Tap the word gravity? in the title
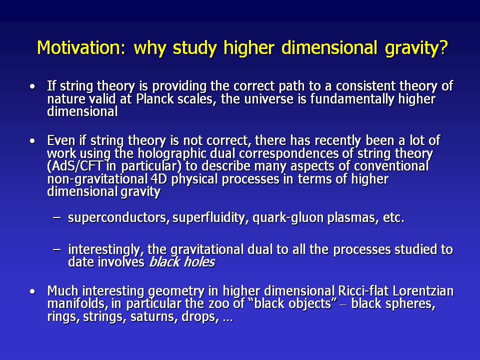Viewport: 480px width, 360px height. tap(416, 48)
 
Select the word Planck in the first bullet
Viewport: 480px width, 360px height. tap(154, 99)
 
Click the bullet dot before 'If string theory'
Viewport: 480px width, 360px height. tap(32, 86)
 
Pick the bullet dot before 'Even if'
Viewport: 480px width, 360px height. tap(32, 141)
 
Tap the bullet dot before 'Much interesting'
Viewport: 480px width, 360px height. tap(32, 291)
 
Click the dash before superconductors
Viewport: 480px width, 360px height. tap(56, 217)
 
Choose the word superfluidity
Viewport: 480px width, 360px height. tap(210, 217)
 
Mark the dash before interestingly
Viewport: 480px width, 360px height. tap(56, 249)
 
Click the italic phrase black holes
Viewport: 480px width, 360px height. tap(182, 262)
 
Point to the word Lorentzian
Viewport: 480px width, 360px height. tap(423, 291)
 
